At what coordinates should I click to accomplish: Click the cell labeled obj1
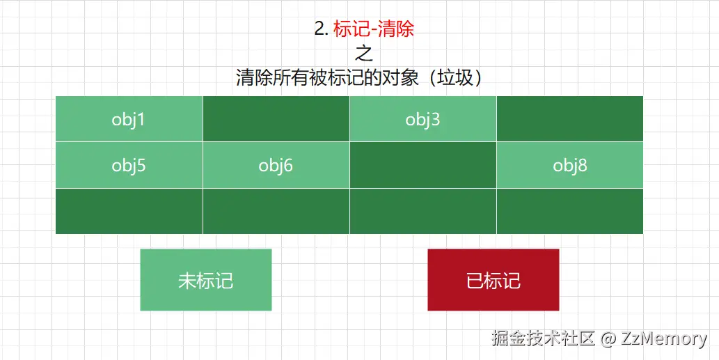point(129,119)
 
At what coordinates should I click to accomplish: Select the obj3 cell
point(422,119)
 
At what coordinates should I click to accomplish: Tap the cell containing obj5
point(129,166)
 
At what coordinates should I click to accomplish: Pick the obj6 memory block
point(276,166)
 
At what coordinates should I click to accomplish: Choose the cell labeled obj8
point(570,166)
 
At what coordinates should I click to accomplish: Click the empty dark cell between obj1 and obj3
point(276,119)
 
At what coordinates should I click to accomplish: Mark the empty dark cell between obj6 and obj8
point(422,166)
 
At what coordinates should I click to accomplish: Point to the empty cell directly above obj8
point(570,119)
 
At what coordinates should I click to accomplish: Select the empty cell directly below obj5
point(129,211)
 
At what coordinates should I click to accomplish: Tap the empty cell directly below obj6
point(276,211)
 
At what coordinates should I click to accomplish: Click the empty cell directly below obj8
point(570,211)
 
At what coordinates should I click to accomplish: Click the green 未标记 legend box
point(205,280)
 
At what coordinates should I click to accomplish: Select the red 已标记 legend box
point(493,280)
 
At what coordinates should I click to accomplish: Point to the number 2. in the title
point(321,29)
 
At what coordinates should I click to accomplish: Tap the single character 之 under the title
point(364,53)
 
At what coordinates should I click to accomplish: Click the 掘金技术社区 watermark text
point(543,339)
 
